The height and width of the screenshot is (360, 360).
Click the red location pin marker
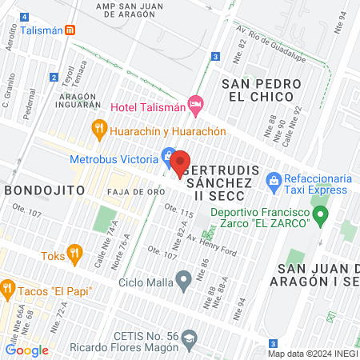click(180, 162)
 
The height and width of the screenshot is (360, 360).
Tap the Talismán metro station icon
click(70, 30)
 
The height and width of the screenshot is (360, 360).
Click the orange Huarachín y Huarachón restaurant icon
click(99, 128)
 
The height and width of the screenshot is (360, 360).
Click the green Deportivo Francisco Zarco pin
click(321, 214)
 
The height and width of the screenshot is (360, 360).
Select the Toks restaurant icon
click(74, 255)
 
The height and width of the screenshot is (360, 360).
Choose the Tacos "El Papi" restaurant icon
click(8, 287)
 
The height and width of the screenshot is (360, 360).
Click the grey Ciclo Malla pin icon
click(184, 280)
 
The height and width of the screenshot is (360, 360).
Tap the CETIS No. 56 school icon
click(189, 338)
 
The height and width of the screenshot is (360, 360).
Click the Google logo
click(26, 350)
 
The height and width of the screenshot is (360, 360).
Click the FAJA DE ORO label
click(133, 192)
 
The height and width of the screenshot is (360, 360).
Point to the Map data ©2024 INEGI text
click(312, 354)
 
